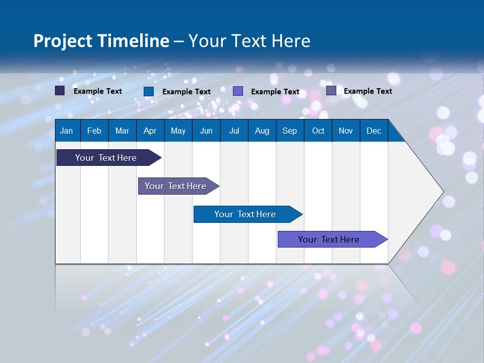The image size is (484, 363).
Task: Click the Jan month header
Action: (67, 131)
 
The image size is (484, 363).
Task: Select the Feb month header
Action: (94, 131)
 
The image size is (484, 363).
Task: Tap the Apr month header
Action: (150, 131)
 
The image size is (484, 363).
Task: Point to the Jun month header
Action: (206, 131)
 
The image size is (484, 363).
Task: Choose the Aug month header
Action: (262, 131)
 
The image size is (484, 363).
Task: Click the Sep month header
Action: (289, 131)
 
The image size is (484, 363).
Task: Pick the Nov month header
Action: (346, 131)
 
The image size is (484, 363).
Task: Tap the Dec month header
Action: (374, 131)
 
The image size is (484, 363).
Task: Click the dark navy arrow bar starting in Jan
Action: (106, 158)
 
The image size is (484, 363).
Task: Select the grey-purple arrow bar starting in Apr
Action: (175, 186)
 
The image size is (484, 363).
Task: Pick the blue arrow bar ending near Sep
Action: (245, 214)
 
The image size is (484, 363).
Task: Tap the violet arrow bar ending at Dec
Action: (329, 239)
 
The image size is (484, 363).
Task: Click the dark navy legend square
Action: (60, 91)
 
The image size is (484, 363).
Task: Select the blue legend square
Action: (149, 91)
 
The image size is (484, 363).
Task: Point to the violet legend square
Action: (238, 91)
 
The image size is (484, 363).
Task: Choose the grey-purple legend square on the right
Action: (331, 91)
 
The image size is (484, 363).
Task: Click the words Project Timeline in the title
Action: (101, 41)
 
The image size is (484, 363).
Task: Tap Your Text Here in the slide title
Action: (249, 41)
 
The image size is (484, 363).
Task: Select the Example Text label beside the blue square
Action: (187, 92)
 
